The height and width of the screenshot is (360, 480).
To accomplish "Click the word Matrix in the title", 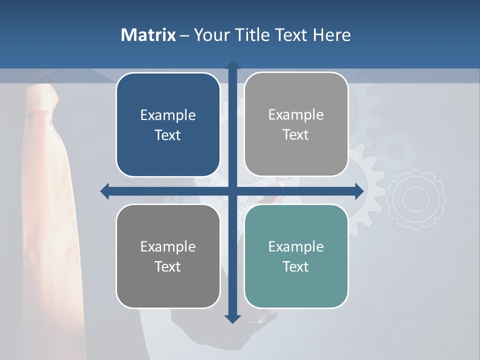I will (x=148, y=35).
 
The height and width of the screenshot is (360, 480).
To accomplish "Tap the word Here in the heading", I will (x=332, y=35).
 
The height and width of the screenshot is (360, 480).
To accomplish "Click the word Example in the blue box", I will (x=168, y=115).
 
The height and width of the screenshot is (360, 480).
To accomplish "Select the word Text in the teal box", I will (x=296, y=266).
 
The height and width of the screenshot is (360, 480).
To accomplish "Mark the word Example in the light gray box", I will (x=296, y=115).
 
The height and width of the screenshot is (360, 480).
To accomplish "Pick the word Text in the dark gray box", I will (x=168, y=266).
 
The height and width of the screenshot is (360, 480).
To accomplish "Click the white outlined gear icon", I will (x=416, y=199).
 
